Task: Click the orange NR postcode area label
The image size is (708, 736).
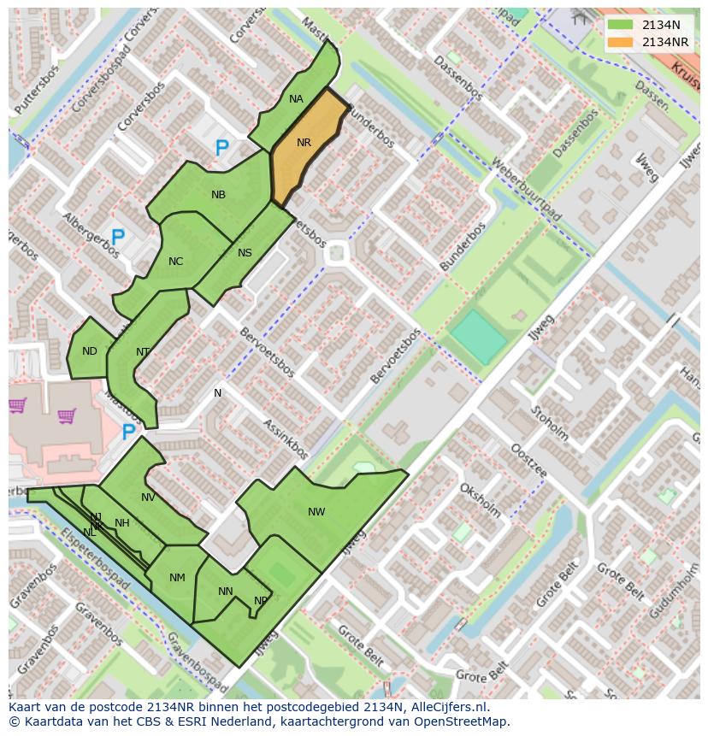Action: (x=304, y=143)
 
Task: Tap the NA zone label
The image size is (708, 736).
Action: (x=296, y=99)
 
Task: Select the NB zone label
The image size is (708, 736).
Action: (x=218, y=195)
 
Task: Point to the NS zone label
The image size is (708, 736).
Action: (x=245, y=252)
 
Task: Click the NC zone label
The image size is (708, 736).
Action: (x=175, y=262)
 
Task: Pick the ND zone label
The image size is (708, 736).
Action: (x=90, y=351)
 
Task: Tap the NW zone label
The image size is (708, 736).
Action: (x=316, y=512)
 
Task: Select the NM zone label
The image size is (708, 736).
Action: (x=177, y=578)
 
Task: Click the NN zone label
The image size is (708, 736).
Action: (x=226, y=592)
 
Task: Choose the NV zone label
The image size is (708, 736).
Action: (x=148, y=498)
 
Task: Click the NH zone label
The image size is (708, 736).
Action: (x=122, y=523)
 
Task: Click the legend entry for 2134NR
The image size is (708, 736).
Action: (x=664, y=42)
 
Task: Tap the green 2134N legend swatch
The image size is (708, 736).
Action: (x=620, y=25)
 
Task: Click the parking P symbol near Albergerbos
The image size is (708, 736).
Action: (x=118, y=238)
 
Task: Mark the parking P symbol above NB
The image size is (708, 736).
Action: (x=221, y=149)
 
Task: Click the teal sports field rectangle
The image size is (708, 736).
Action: (x=479, y=337)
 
